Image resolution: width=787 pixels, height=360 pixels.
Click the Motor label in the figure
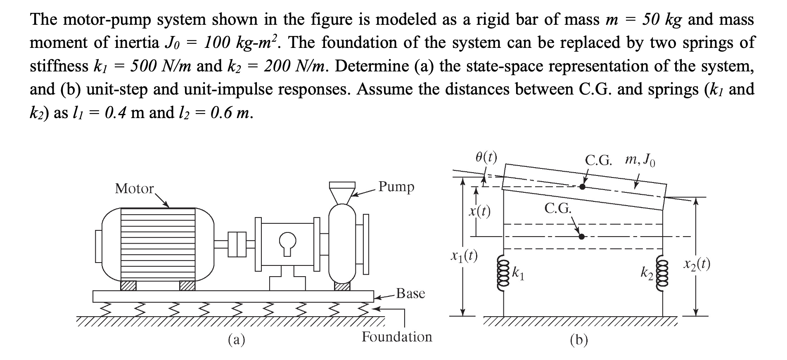click(x=134, y=189)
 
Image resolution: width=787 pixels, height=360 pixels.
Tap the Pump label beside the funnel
click(x=396, y=187)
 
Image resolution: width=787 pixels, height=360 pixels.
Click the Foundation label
click(x=397, y=337)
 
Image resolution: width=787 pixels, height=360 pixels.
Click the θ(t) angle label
click(x=486, y=157)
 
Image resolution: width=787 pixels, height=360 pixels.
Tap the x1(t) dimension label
click(x=464, y=257)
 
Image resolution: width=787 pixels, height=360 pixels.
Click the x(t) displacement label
click(x=479, y=212)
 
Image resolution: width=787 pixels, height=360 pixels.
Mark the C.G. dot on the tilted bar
click(x=582, y=187)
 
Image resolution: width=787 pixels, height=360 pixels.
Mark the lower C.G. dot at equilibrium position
click(x=582, y=237)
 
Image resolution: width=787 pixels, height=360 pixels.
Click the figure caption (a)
click(x=237, y=340)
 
